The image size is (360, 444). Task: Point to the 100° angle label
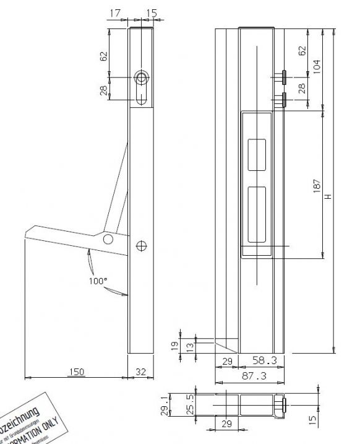pyautogui.click(x=98, y=281)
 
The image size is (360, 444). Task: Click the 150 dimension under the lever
pyautogui.click(x=76, y=372)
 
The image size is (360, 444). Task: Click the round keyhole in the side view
pyautogui.click(x=141, y=78)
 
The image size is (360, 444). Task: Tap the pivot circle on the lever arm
pyautogui.click(x=109, y=238)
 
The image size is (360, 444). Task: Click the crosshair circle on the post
pyautogui.click(x=142, y=246)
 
